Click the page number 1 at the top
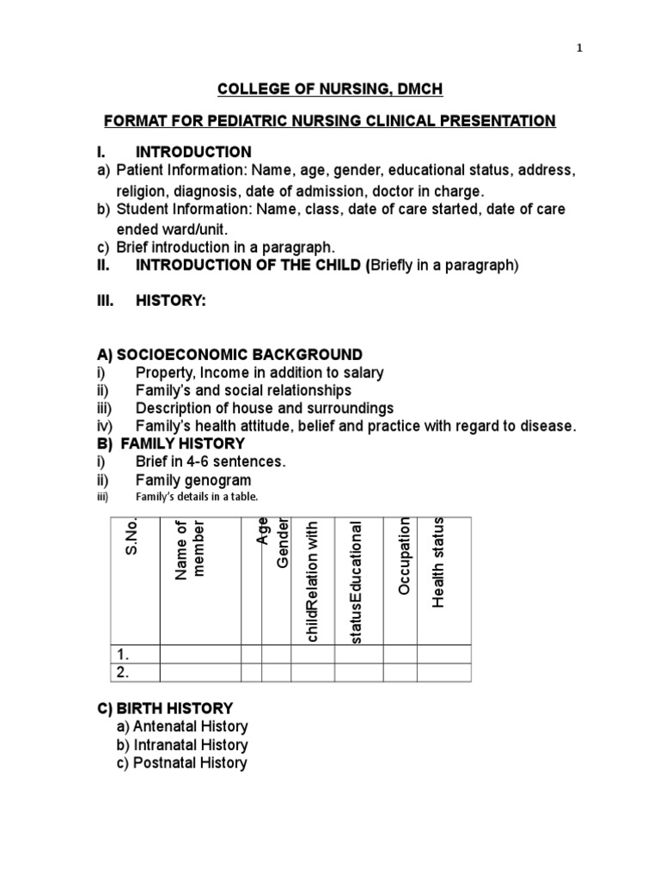pyautogui.click(x=579, y=48)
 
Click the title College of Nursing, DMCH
pyautogui.click(x=330, y=89)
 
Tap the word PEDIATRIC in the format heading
pyautogui.click(x=273, y=121)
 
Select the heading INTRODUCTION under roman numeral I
pyautogui.click(x=193, y=152)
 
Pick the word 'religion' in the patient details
pyautogui.click(x=143, y=191)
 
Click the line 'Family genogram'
pyautogui.click(x=193, y=480)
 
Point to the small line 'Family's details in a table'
pyautogui.click(x=197, y=497)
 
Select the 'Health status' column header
pyautogui.click(x=438, y=562)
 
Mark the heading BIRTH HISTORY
pyautogui.click(x=174, y=709)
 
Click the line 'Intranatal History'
pyautogui.click(x=190, y=745)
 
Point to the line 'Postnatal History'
pyautogui.click(x=189, y=763)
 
